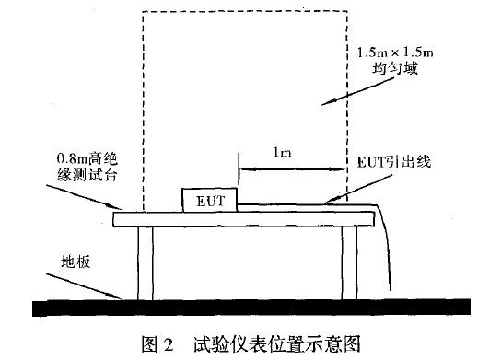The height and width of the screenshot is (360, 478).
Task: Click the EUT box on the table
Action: click(210, 201)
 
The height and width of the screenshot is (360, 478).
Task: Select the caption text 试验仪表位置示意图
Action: click(271, 343)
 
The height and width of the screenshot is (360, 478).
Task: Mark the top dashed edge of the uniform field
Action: click(245, 11)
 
